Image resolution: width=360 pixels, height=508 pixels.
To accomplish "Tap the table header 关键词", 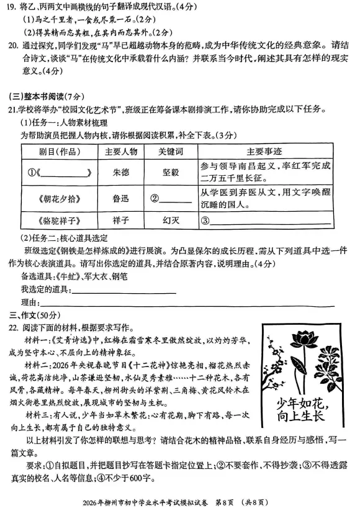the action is tap(171, 152).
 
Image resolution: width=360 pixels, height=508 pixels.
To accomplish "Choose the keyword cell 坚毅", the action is tap(171, 172).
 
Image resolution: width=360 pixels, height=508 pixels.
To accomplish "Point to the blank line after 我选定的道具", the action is tap(124, 289).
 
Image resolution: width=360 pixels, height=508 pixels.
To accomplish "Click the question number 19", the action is tap(13, 7).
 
